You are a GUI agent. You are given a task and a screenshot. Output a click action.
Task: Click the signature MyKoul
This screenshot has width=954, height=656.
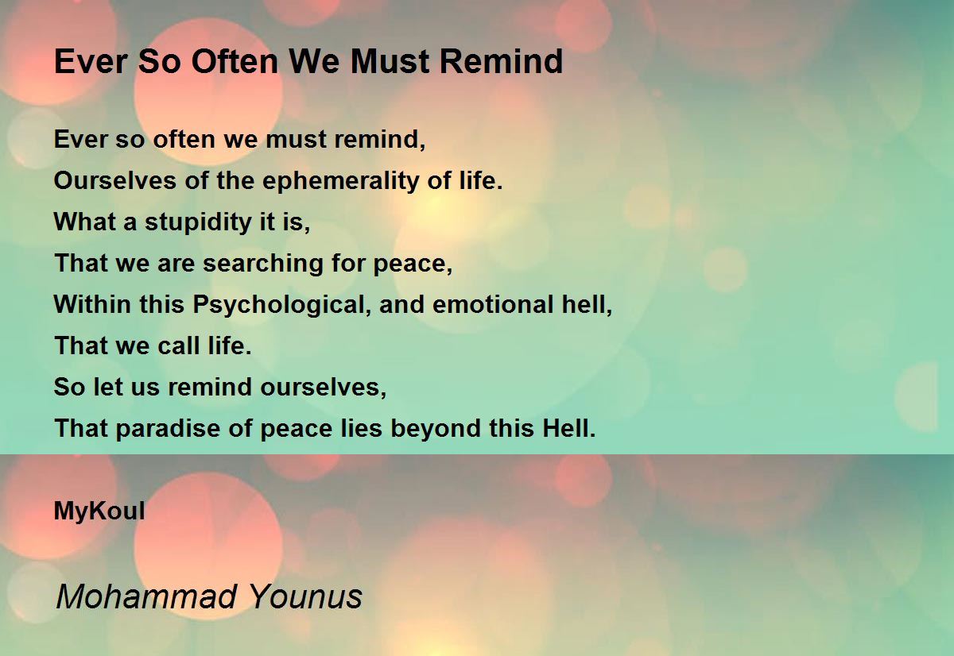click(x=99, y=511)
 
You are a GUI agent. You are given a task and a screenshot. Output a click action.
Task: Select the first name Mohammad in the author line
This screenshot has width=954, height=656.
click(x=146, y=596)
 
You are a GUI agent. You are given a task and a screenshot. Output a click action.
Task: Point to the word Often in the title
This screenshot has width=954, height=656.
click(x=235, y=62)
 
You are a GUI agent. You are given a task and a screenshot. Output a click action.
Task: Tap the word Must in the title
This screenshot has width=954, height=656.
click(x=390, y=62)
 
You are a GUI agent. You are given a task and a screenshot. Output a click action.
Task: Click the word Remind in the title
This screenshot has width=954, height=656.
click(x=502, y=62)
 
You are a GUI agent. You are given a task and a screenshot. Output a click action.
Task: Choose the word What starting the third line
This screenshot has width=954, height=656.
click(x=85, y=222)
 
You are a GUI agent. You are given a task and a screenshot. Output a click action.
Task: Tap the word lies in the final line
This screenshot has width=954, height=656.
click(x=361, y=428)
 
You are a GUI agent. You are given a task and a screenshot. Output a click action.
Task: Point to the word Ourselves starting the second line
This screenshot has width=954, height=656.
click(x=115, y=181)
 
